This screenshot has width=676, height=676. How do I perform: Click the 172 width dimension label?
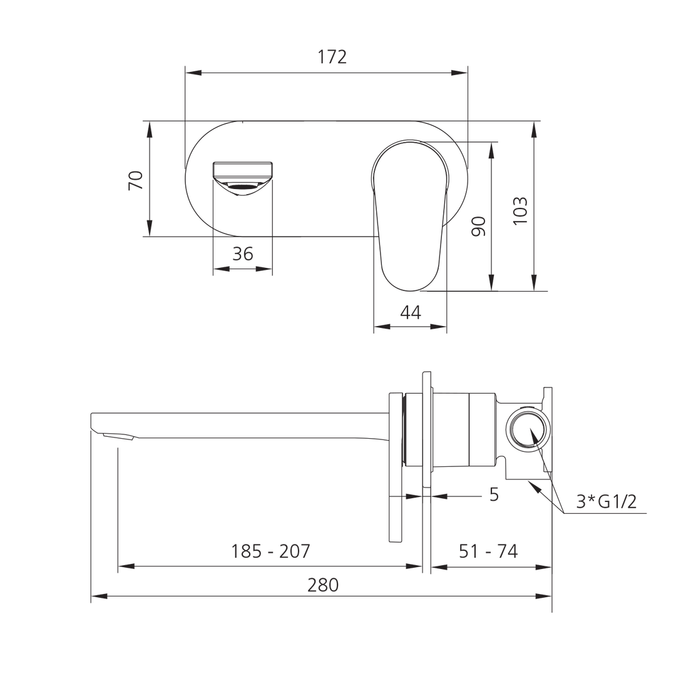[x=332, y=58]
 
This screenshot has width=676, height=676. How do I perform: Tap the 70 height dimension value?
[x=136, y=180]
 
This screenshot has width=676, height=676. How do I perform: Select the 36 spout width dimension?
[x=243, y=253]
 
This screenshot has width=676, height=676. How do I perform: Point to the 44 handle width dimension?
[x=410, y=312]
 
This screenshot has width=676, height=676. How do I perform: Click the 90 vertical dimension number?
[x=479, y=226]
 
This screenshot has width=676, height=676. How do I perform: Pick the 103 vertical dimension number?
[x=520, y=211]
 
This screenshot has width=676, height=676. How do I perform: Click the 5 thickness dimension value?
[x=493, y=494]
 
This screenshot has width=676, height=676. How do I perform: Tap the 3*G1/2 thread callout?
[x=607, y=501]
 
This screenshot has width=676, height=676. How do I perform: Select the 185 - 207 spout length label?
[x=270, y=551]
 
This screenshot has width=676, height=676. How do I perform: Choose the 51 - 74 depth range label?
[x=488, y=551]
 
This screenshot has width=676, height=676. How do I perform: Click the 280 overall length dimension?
[x=323, y=585]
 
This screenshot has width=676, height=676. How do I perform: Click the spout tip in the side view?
[x=100, y=426]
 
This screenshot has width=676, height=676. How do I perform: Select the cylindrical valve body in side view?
[x=451, y=431]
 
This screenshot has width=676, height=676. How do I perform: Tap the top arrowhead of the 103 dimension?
[x=534, y=128]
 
